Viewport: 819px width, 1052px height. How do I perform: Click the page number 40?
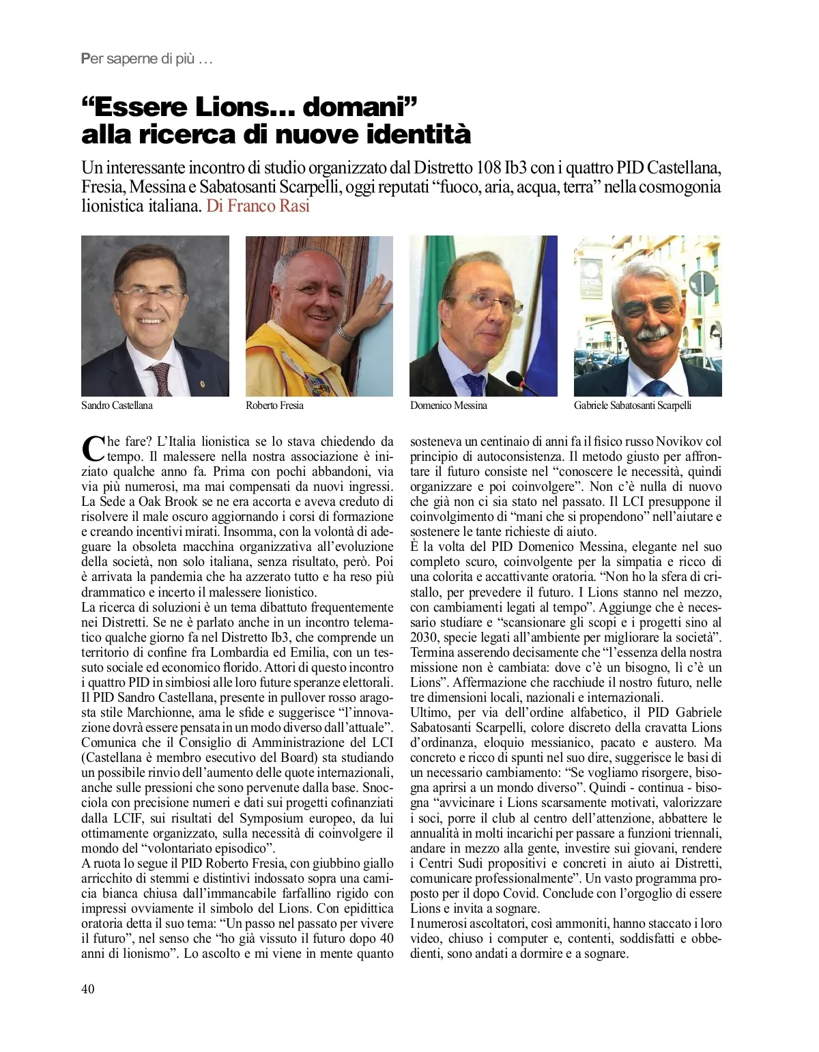click(x=88, y=989)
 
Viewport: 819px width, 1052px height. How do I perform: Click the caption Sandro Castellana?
click(x=117, y=406)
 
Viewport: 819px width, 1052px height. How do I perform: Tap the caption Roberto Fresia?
click(x=274, y=406)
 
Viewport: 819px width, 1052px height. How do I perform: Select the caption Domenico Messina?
click(x=448, y=406)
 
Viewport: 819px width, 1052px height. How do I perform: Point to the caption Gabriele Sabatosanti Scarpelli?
click(x=632, y=406)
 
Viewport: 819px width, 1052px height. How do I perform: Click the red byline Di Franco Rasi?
click(x=258, y=205)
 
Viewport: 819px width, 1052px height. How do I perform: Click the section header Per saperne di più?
click(x=147, y=59)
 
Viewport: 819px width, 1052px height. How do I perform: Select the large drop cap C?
click(x=92, y=449)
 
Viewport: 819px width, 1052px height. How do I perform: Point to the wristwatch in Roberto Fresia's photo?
click(x=345, y=332)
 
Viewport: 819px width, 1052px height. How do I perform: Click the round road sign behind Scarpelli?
click(x=701, y=281)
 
